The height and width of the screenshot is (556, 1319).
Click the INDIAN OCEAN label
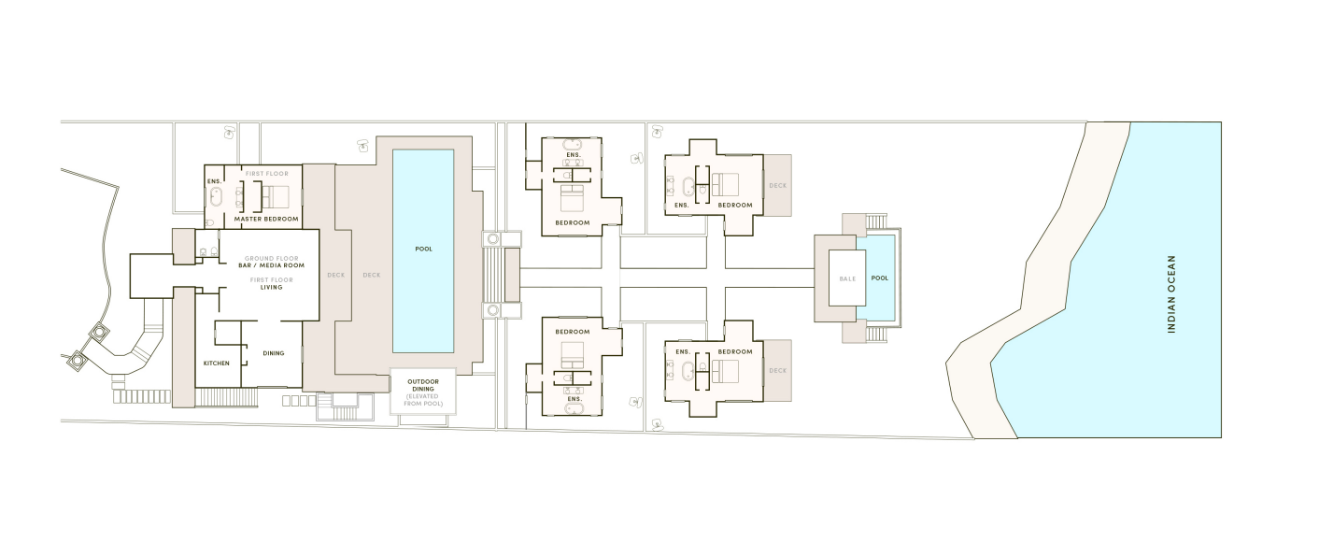[x=1170, y=294]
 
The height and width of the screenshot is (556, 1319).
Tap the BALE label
[x=847, y=278]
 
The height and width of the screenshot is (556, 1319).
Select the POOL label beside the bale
[x=880, y=278]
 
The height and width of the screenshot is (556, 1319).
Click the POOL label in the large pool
[x=423, y=249]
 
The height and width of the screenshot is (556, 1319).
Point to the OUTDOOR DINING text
[x=423, y=386]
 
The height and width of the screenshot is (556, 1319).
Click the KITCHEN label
[x=217, y=363]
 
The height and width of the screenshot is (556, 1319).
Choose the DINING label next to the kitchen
[x=273, y=353]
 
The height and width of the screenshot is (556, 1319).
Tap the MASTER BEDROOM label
[x=266, y=219]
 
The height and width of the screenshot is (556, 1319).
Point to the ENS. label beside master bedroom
[x=214, y=180]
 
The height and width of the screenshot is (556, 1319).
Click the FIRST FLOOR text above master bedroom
[x=267, y=174]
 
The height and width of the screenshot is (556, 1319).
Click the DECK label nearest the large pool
[x=372, y=275]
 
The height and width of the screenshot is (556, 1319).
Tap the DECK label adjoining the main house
[x=335, y=275]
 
